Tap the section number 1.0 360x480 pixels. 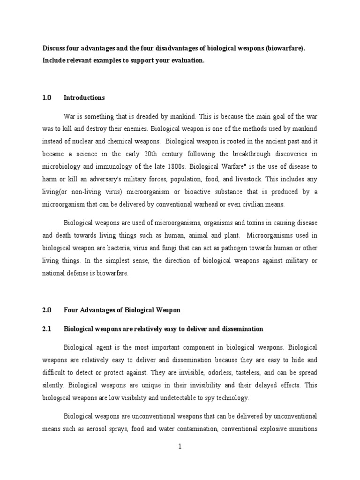[x=46, y=98]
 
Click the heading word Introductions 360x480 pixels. [x=84, y=98]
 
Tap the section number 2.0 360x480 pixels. [x=46, y=310]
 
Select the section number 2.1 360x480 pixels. [x=46, y=329]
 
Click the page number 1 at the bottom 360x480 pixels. [x=180, y=447]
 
